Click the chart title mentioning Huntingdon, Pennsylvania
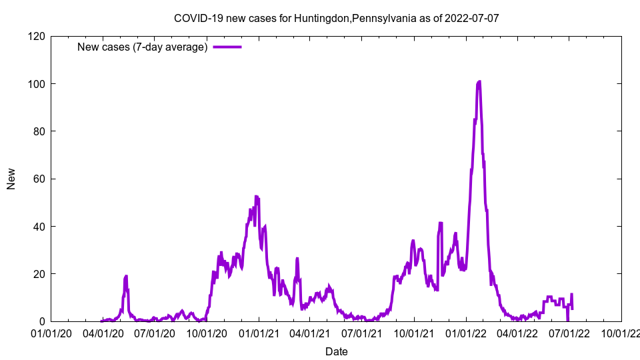coord(336,18)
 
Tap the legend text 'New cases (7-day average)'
coord(142,47)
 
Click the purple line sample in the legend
coord(227,47)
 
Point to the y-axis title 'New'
coord(11,179)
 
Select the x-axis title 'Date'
coord(336,351)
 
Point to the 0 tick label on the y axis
coord(41,321)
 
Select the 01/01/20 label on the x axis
coord(51,333)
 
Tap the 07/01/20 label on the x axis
coord(155,333)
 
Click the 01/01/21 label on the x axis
coord(259,333)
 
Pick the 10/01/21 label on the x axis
coord(414,333)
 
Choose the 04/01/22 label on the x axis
coord(517,333)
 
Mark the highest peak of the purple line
coord(479,81)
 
